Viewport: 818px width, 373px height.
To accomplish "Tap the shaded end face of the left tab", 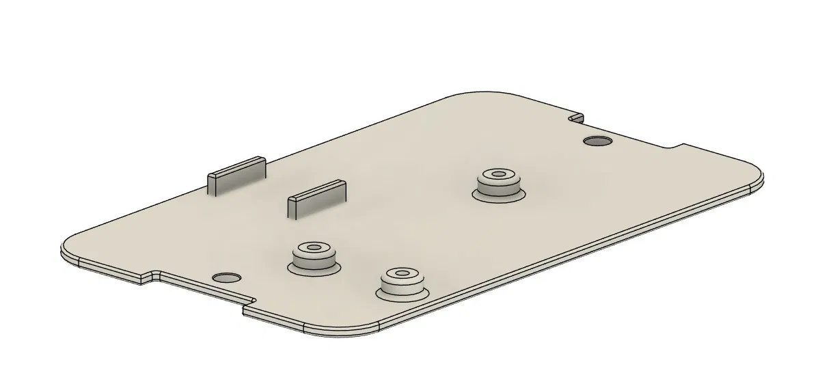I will click(212, 184).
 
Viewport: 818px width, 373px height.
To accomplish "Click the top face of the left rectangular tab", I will click(236, 165).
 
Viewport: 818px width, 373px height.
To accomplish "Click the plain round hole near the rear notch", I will click(597, 141).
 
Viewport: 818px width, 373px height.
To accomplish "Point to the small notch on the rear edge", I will click(577, 118).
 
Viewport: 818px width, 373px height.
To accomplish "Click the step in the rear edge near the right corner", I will click(677, 146).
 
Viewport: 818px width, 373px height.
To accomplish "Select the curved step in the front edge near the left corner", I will click(154, 275).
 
